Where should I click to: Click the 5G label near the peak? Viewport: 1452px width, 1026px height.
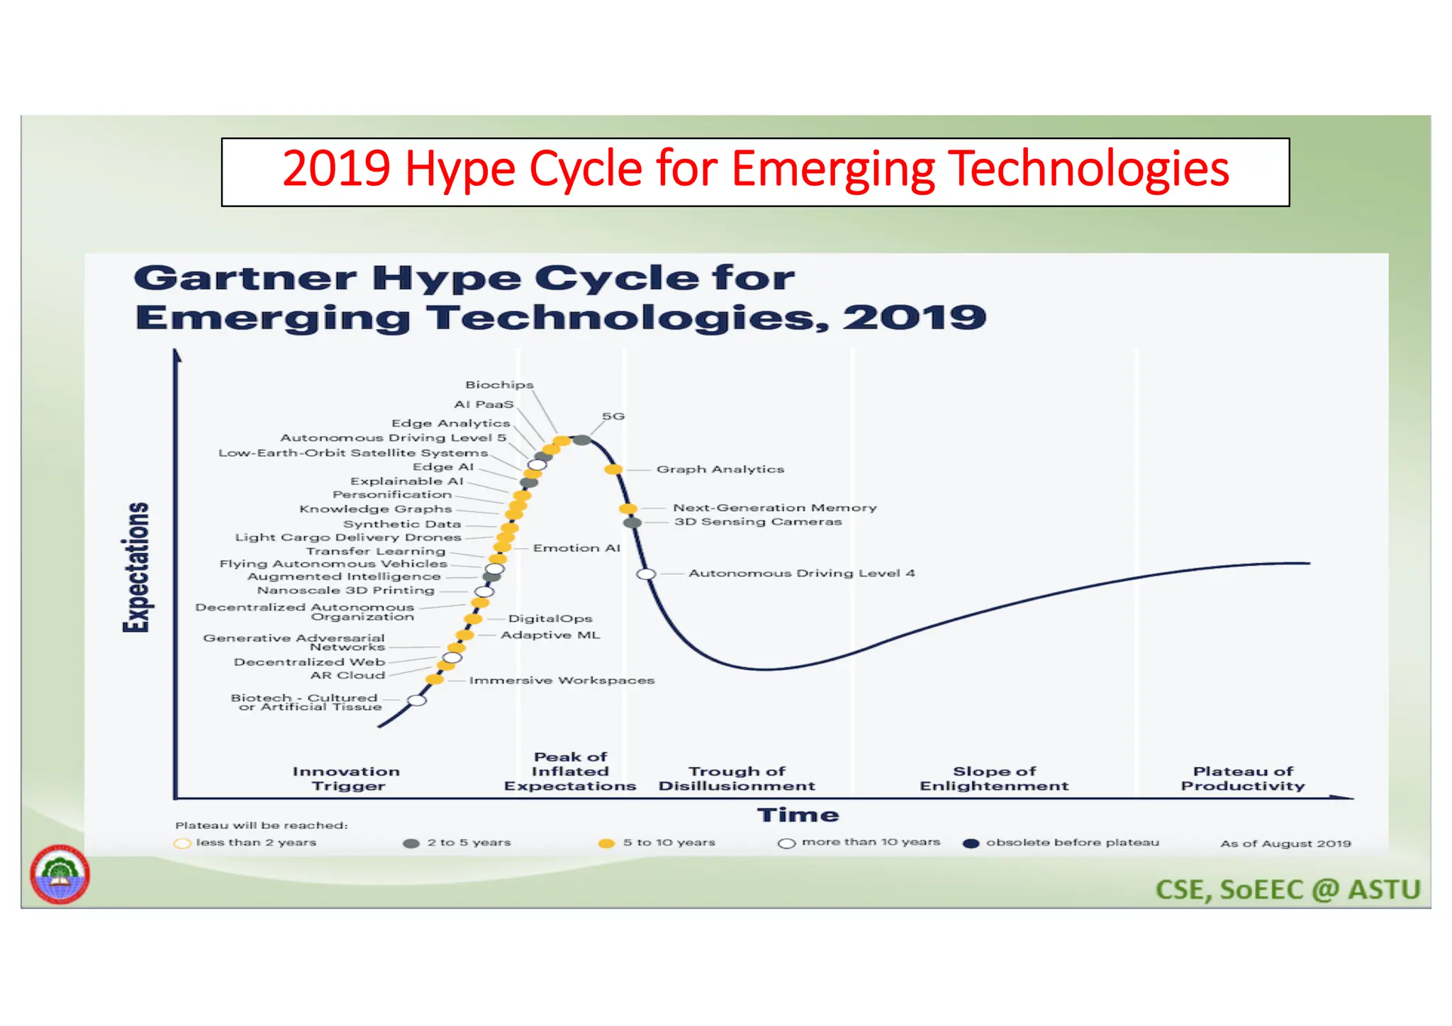click(613, 416)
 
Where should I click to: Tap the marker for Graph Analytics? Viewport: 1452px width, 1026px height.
click(613, 469)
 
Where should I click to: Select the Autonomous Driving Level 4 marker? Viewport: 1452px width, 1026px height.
click(645, 574)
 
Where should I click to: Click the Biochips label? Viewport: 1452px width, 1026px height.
click(499, 384)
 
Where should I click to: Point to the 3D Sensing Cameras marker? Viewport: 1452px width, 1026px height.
click(632, 523)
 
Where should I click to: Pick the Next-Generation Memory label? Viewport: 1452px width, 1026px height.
click(774, 508)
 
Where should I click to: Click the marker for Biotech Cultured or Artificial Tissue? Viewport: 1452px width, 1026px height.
click(417, 701)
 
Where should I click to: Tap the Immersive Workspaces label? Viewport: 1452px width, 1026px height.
click(562, 681)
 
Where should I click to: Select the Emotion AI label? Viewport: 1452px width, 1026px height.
click(576, 548)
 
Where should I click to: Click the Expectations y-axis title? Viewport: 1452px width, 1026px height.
click(136, 567)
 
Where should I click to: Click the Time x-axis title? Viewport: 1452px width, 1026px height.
click(798, 815)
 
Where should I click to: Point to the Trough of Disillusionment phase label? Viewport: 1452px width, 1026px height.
click(737, 779)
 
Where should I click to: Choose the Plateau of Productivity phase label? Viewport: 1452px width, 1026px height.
click(1242, 779)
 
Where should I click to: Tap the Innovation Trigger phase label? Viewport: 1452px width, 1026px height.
click(347, 779)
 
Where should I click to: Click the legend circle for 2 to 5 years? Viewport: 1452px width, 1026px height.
click(411, 844)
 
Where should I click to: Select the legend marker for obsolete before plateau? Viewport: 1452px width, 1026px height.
click(971, 844)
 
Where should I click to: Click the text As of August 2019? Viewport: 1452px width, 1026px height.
click(1285, 844)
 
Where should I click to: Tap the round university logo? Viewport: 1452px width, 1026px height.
click(60, 874)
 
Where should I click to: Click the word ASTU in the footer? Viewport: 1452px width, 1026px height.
click(1384, 890)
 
